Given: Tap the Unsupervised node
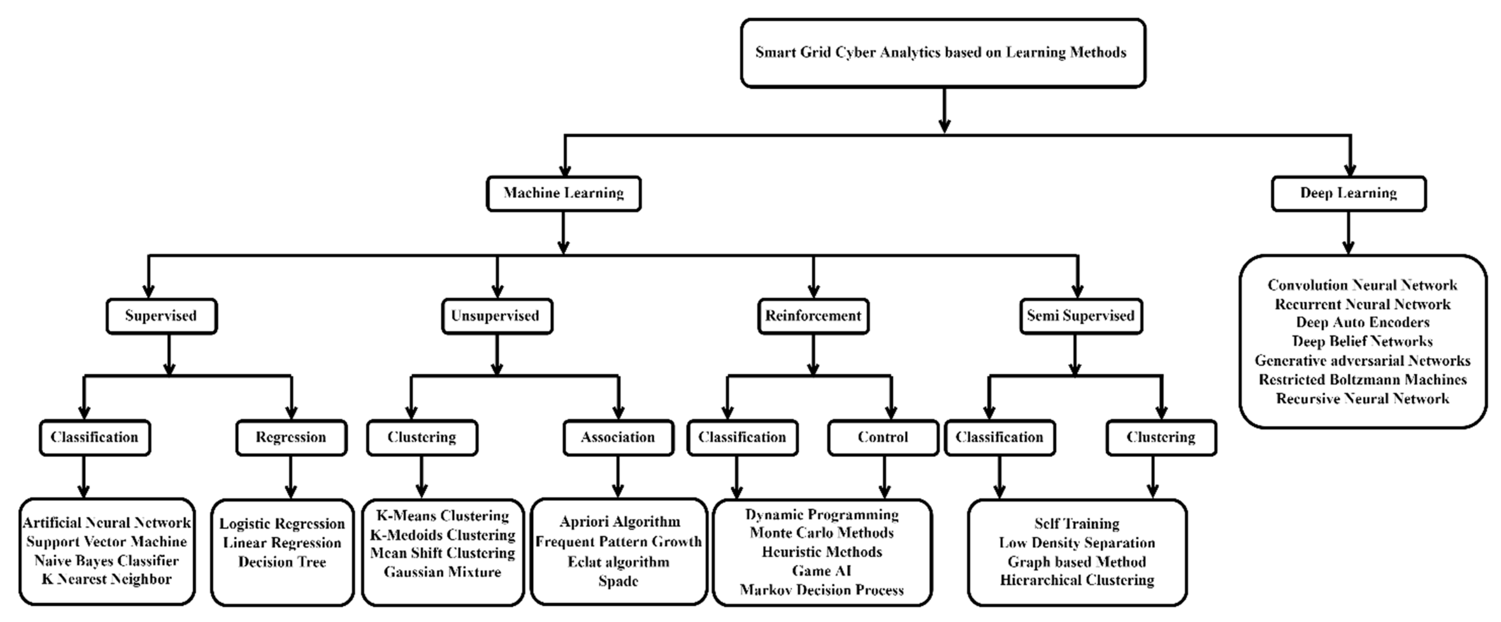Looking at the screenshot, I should click(496, 316).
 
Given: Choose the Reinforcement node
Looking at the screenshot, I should click(813, 316).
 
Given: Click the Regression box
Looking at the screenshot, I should click(291, 437).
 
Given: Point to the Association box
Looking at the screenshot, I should click(618, 437).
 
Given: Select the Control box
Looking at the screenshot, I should click(883, 437).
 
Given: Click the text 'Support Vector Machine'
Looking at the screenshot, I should click(107, 542).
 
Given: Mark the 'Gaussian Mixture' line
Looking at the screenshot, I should click(442, 572).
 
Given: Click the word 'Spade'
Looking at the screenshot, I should click(618, 581).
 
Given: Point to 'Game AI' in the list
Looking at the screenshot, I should click(822, 571).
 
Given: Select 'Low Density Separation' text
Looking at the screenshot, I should click(1077, 543).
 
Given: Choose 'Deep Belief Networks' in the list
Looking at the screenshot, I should click(1362, 341).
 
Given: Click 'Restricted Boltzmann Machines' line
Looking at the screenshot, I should click(1362, 380).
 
